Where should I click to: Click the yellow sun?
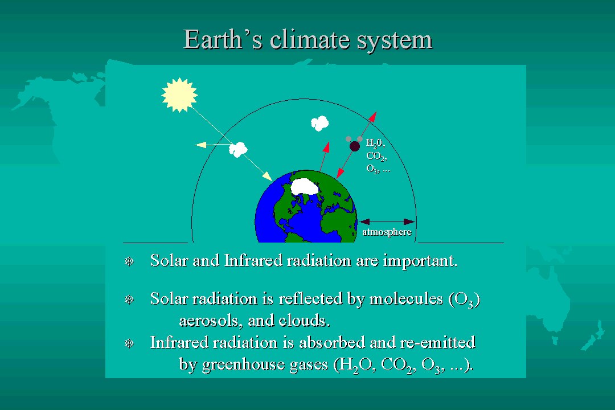click(179, 95)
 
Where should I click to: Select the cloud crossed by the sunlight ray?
click(238, 150)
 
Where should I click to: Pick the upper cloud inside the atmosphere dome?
click(320, 123)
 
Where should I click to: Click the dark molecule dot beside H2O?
click(355, 146)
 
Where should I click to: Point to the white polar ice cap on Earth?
click(304, 186)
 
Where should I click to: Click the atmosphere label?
click(387, 232)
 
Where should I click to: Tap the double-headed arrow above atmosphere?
click(387, 222)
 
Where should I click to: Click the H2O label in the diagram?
click(375, 143)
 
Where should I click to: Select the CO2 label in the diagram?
click(376, 156)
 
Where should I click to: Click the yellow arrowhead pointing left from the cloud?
click(200, 145)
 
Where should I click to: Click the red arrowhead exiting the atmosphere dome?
click(372, 117)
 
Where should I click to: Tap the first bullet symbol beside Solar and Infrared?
click(129, 261)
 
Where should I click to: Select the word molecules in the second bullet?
click(406, 298)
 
